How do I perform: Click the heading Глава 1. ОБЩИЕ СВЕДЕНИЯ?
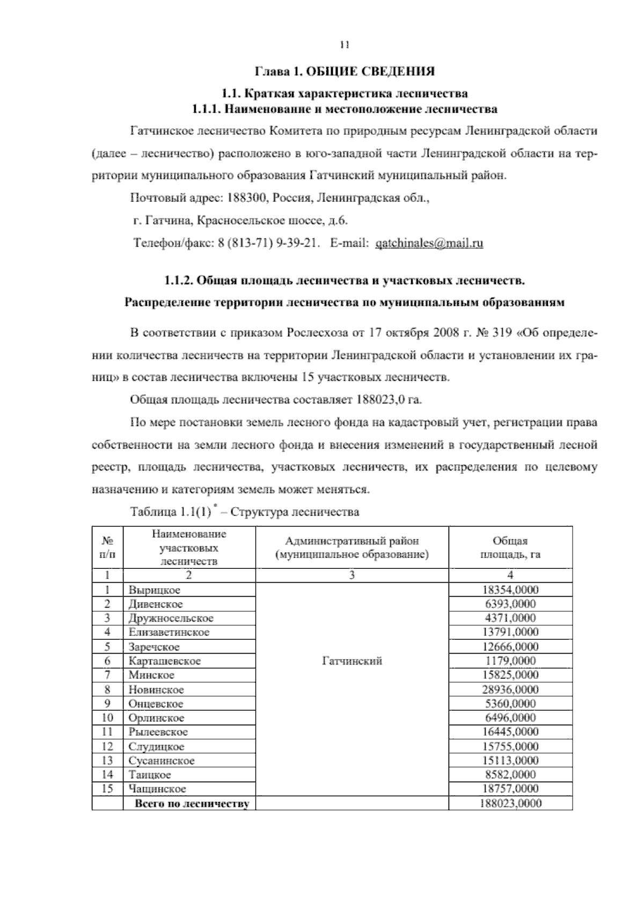click(x=344, y=71)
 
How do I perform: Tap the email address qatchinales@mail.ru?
click(x=429, y=243)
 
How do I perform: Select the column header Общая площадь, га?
click(x=510, y=547)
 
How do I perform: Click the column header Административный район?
click(x=352, y=541)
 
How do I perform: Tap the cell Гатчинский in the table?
click(x=352, y=661)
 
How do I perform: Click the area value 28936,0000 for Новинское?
click(x=510, y=690)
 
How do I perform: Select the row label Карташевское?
click(x=164, y=661)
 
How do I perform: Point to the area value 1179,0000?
click(x=510, y=661)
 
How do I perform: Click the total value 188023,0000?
click(x=510, y=804)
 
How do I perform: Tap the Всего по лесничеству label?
click(x=192, y=804)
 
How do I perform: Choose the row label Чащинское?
click(x=157, y=789)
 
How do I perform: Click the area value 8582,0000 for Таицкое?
click(x=510, y=775)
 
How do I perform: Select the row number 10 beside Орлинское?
click(x=107, y=718)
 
